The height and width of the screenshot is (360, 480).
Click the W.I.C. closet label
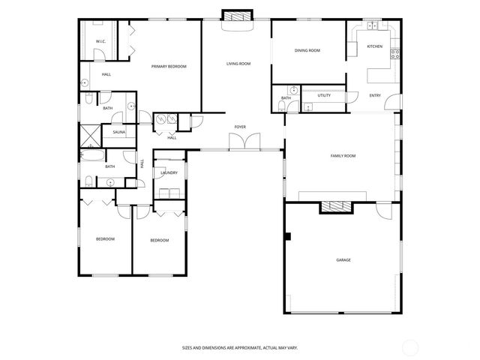click(x=100, y=42)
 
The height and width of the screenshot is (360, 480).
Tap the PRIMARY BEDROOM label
click(x=169, y=67)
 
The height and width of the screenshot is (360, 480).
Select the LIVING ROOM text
click(x=238, y=64)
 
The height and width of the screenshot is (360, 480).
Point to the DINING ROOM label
click(x=307, y=50)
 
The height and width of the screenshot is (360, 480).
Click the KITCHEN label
click(x=374, y=46)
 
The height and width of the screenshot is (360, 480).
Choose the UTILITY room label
click(x=324, y=96)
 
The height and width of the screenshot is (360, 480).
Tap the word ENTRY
click(x=375, y=95)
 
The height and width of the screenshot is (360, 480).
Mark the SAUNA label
click(x=119, y=133)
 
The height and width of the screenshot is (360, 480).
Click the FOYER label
click(x=240, y=127)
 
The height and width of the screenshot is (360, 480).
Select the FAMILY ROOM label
click(x=343, y=156)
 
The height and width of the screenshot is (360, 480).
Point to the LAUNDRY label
click(x=169, y=173)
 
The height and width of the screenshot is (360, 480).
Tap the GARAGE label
click(x=343, y=260)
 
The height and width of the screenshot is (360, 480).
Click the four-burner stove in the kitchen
click(x=395, y=54)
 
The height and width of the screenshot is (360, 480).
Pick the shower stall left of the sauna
click(x=90, y=136)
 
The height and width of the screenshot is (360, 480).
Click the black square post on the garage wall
click(x=286, y=237)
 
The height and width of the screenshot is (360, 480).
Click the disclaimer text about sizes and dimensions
click(x=240, y=347)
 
